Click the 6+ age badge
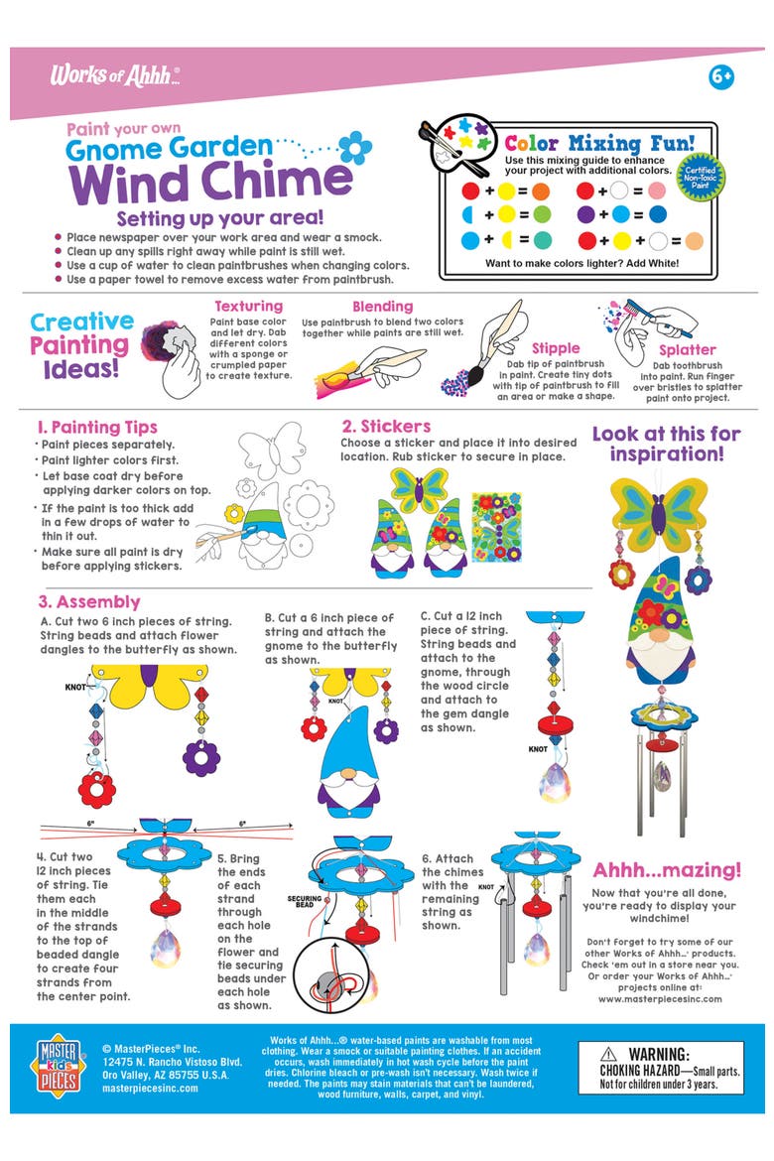720,76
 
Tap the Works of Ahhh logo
115,75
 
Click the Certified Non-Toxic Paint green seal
700,177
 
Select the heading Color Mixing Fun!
599,143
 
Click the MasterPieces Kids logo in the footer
58,1068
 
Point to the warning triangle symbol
608,1055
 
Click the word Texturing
249,306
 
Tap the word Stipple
556,348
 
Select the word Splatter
688,349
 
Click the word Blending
382,306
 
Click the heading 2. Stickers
386,427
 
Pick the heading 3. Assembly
89,602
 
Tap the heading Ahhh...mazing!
667,870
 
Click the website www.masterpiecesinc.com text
660,998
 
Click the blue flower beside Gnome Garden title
355,148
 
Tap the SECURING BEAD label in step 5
305,901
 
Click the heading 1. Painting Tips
97,428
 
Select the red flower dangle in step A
96,790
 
